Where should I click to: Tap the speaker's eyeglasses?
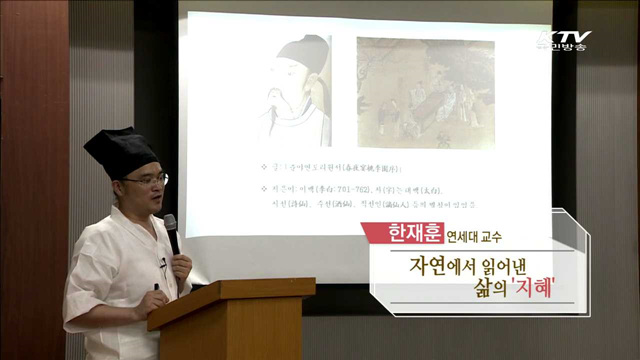click(147, 180)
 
